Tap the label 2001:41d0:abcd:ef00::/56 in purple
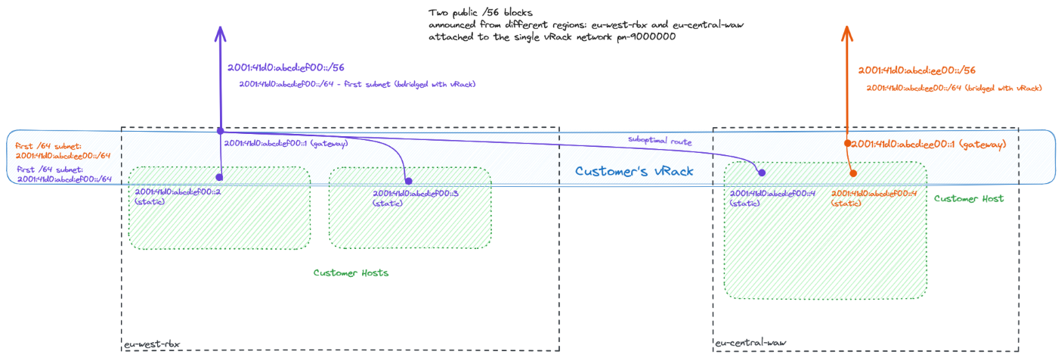[x=286, y=67]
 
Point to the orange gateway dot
[x=848, y=144]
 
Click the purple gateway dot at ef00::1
[x=220, y=132]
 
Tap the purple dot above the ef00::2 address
[x=219, y=177]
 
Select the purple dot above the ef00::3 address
[x=408, y=180]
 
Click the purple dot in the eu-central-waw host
[x=762, y=173]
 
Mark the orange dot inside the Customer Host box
[x=853, y=173]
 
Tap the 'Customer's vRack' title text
[x=634, y=172]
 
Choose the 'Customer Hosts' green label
[x=351, y=272]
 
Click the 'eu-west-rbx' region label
[x=151, y=345]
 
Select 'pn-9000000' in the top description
[x=647, y=36]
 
